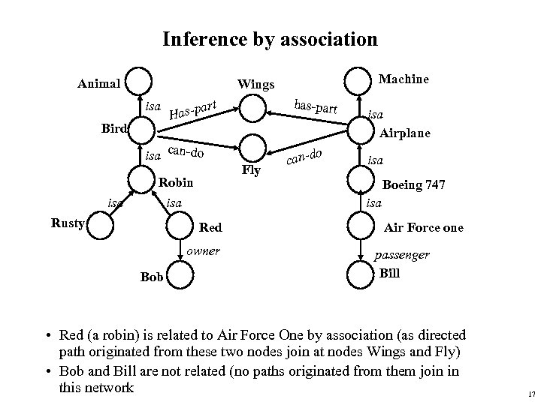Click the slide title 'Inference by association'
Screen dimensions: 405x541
coord(270,38)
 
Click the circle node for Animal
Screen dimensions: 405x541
coord(139,81)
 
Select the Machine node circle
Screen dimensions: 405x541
coord(357,80)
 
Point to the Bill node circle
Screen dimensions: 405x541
coord(358,272)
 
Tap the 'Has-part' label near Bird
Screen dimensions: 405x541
coord(193,109)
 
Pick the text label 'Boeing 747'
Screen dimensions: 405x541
coord(415,184)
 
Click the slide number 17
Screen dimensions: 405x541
coord(530,394)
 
